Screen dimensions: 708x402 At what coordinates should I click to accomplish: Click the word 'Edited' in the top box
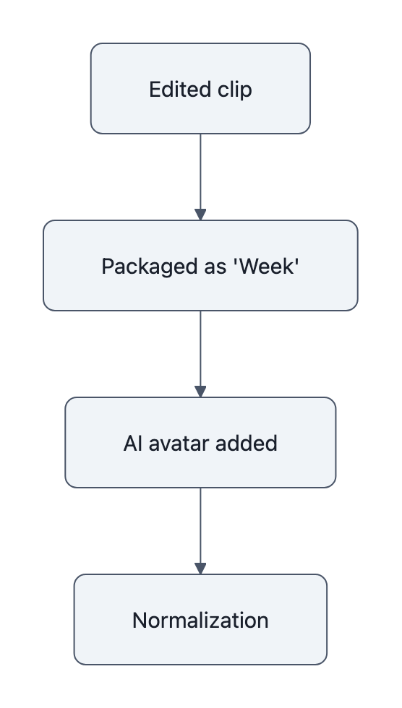coord(173,90)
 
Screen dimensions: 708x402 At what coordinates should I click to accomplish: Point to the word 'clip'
coord(235,90)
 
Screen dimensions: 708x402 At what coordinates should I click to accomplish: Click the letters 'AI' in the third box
coord(132,443)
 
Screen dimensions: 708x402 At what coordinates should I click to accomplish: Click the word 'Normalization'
coord(200,620)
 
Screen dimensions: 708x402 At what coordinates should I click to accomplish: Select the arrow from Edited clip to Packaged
coord(200,173)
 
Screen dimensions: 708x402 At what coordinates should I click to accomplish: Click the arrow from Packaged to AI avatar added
coord(200,350)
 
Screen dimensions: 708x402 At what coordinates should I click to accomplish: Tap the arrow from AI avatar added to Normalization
coord(200,527)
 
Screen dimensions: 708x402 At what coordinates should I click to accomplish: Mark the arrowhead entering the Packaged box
coord(200,215)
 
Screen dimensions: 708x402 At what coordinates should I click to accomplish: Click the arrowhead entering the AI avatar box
coord(200,392)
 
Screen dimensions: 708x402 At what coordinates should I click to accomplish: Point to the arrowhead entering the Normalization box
coord(200,569)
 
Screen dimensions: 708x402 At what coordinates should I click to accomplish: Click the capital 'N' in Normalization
coord(139,620)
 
